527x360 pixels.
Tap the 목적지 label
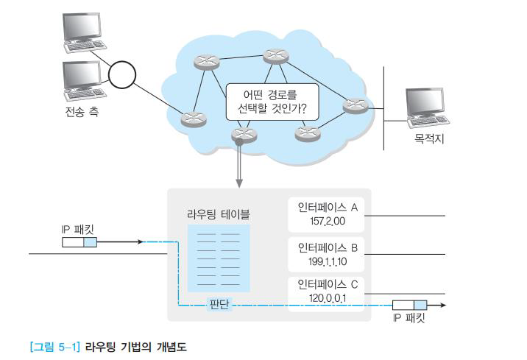(x=430, y=138)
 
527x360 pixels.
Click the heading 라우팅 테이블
(x=219, y=214)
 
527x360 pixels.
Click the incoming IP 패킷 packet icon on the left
(x=79, y=241)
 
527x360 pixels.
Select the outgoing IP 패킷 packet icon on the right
(x=409, y=304)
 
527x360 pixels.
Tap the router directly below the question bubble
(x=241, y=134)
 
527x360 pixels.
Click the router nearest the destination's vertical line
(x=354, y=106)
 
